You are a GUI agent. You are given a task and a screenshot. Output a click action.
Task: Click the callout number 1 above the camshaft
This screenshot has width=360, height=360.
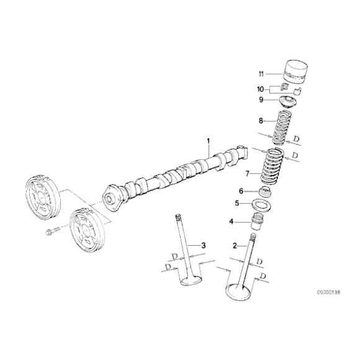click(x=209, y=142)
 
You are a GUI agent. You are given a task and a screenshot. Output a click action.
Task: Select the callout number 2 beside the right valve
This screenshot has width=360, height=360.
click(x=235, y=246)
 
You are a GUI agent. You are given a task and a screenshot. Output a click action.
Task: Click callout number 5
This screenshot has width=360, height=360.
click(x=236, y=203)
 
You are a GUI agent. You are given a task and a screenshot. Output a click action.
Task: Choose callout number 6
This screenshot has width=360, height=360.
click(x=241, y=191)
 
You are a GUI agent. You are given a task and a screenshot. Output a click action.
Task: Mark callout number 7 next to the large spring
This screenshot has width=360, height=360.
click(x=246, y=173)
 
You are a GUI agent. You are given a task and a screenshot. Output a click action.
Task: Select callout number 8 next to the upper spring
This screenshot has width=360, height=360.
click(x=261, y=121)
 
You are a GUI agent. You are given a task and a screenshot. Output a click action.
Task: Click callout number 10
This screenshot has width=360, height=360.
click(x=261, y=88)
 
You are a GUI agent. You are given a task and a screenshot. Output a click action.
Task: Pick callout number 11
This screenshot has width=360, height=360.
click(x=261, y=73)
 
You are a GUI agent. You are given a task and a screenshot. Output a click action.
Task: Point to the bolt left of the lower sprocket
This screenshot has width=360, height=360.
click(x=52, y=233)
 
